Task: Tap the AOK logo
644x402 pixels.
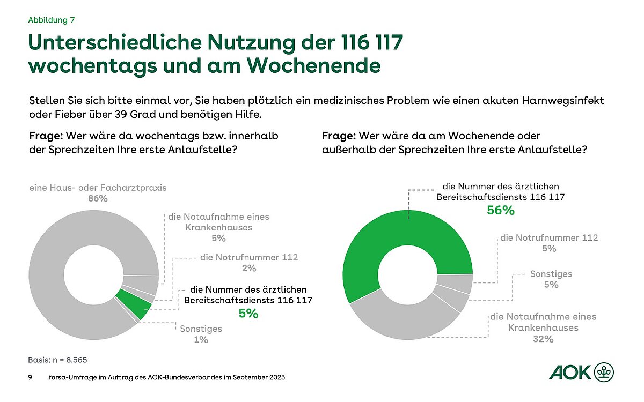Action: point(581,371)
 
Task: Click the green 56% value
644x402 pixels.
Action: point(500,211)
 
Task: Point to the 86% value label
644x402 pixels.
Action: point(98,199)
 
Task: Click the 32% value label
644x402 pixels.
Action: point(543,339)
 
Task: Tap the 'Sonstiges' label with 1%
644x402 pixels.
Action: point(201,329)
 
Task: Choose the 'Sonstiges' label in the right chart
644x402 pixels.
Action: point(551,274)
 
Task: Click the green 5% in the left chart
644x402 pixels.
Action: point(248,314)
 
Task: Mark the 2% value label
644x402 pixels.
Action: point(248,269)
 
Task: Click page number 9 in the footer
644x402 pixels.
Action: point(30,378)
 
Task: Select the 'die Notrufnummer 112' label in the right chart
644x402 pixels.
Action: point(548,237)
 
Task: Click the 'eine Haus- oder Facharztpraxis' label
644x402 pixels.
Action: point(98,188)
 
